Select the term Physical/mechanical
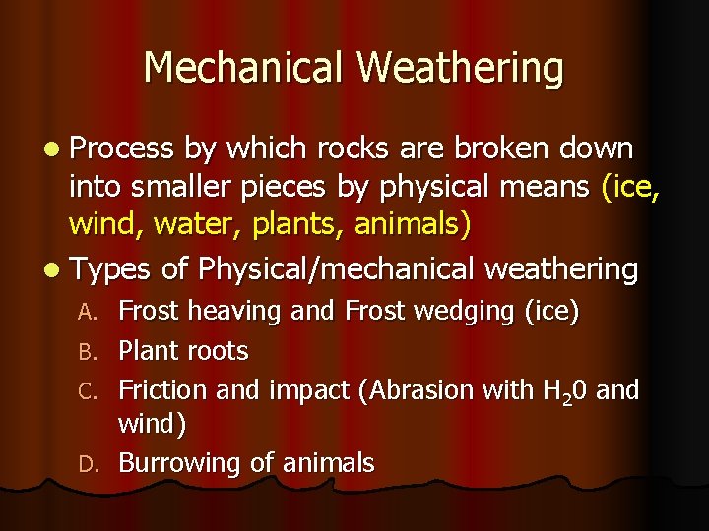pos(340,268)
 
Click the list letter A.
pos(88,313)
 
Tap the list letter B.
pos(88,352)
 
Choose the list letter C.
pos(88,391)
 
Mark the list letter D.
pos(88,464)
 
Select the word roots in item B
pos(218,351)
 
